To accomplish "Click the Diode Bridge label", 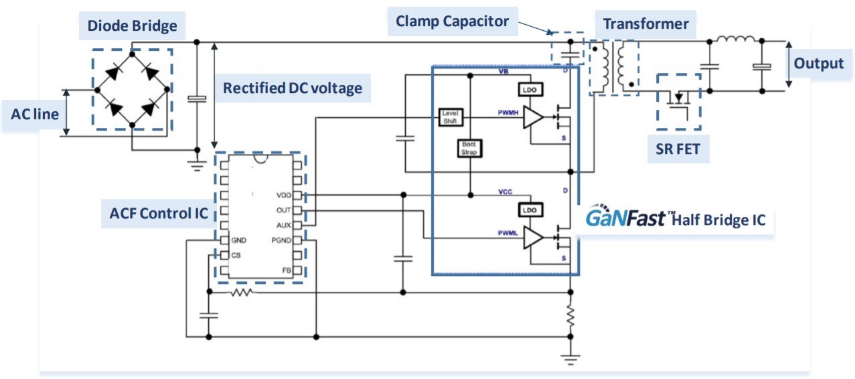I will [132, 27].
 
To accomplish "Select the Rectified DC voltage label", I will [292, 88].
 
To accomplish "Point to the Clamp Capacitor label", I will [452, 21].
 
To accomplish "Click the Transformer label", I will [645, 24].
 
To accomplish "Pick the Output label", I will [818, 64].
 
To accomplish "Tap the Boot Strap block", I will [469, 148].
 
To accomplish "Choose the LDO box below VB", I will [529, 89].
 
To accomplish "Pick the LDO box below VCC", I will [529, 210].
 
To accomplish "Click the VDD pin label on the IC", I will [283, 196].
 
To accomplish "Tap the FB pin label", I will [287, 271].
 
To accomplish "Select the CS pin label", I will [236, 255].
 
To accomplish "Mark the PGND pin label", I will [280, 240].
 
